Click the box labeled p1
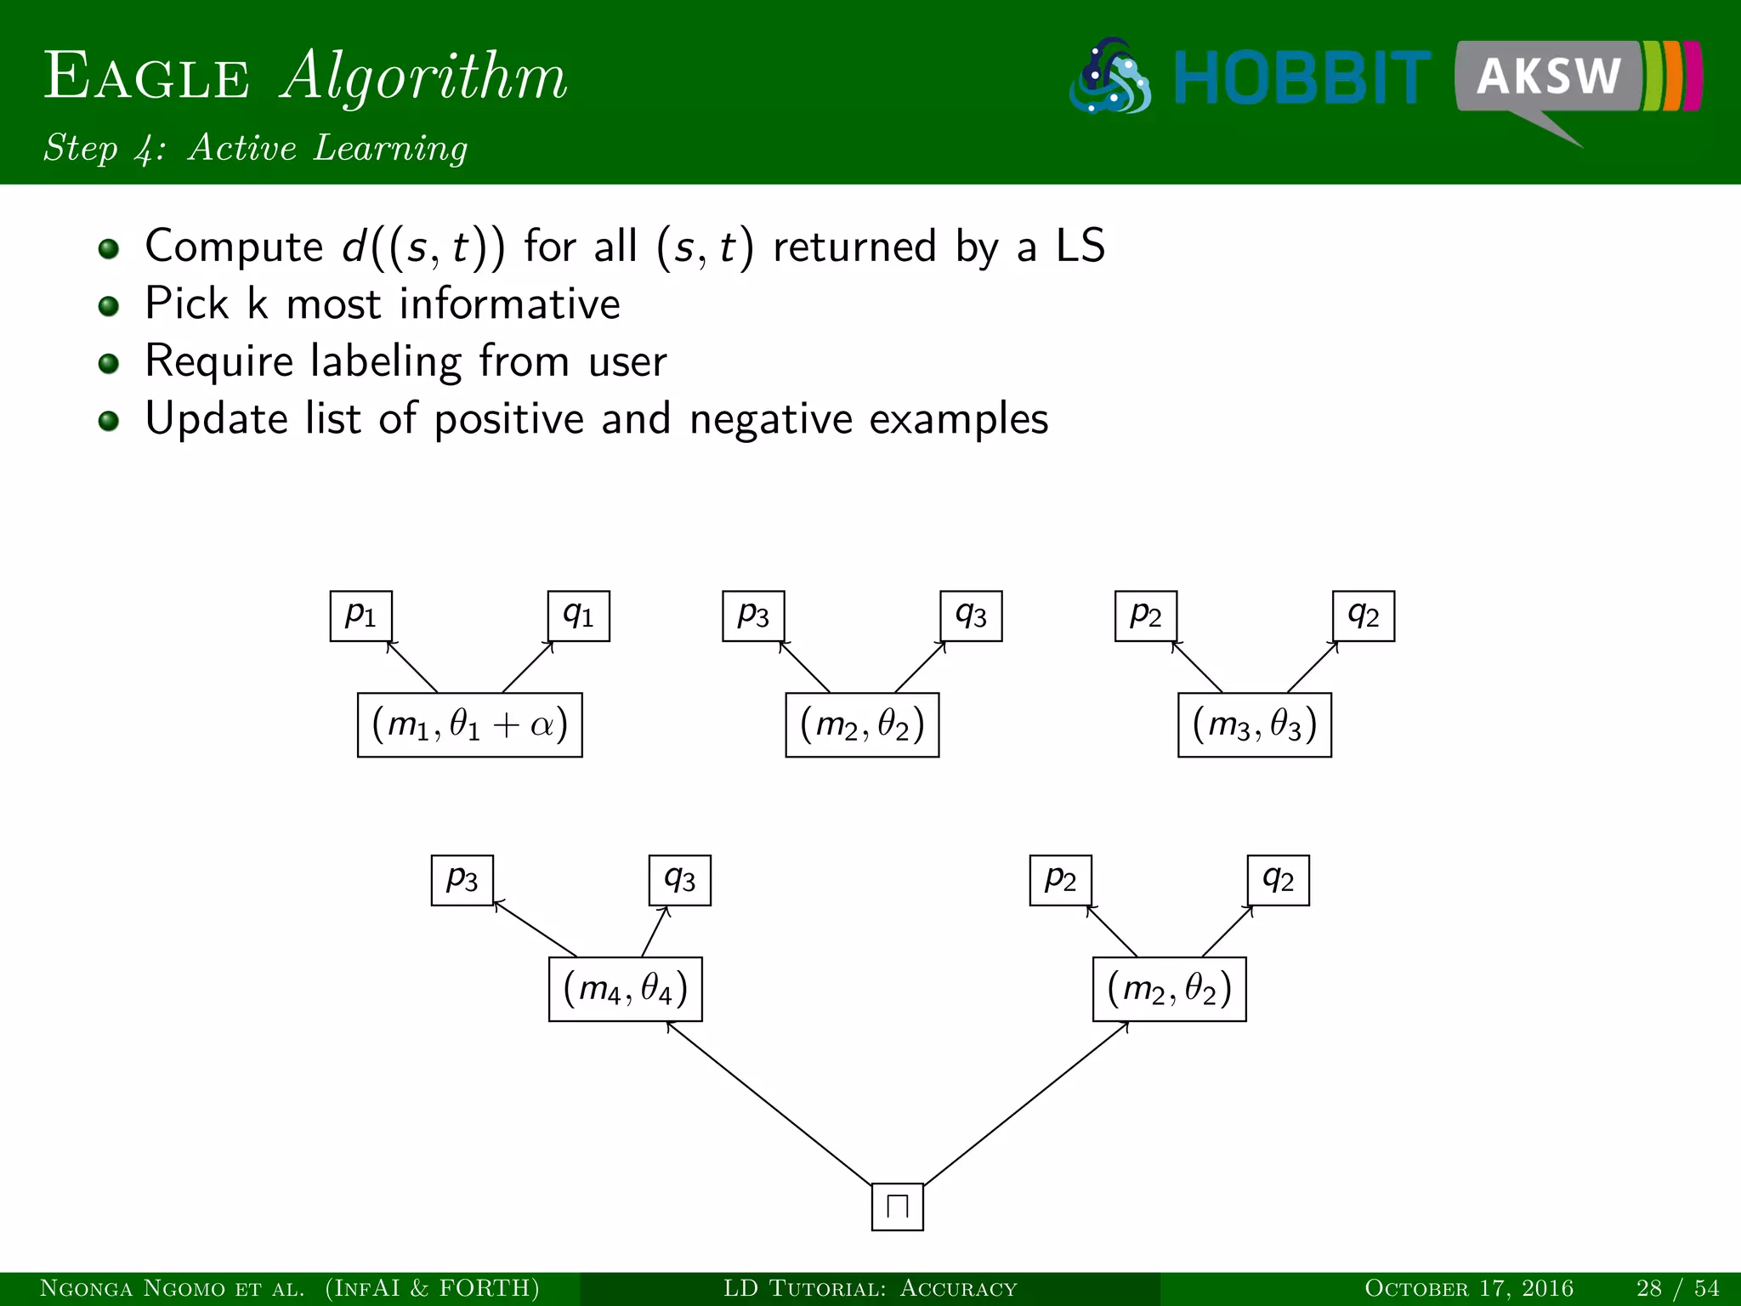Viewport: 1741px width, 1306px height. click(361, 616)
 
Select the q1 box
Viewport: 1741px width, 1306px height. click(579, 616)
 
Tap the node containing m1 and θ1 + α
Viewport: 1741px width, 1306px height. click(470, 725)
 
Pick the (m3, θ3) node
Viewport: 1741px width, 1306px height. click(1255, 725)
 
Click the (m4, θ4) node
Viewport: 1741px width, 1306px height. click(626, 989)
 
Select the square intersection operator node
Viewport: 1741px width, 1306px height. click(898, 1207)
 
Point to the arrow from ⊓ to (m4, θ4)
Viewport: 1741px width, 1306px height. click(769, 1103)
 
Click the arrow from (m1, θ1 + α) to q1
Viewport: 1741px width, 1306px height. click(527, 667)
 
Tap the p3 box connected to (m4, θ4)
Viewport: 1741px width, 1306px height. click(462, 880)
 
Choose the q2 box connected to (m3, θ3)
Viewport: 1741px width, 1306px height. click(1364, 616)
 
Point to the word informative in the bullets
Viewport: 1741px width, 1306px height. click(510, 304)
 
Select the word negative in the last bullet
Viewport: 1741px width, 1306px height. click(770, 419)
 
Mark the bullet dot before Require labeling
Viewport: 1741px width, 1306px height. click(108, 364)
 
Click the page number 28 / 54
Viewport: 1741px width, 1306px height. click(1677, 1289)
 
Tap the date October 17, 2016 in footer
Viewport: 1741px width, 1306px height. click(1469, 1289)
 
